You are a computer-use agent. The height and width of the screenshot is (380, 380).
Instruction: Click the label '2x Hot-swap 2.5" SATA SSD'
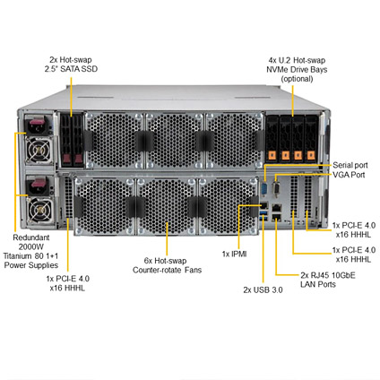[x=71, y=65]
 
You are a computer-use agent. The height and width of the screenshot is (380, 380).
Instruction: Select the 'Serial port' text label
[x=350, y=165]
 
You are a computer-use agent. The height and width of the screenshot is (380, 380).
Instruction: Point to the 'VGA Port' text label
[x=349, y=175]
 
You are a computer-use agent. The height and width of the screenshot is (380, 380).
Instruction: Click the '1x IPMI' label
[x=235, y=254]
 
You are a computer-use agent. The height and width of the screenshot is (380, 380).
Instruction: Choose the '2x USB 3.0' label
[x=263, y=289]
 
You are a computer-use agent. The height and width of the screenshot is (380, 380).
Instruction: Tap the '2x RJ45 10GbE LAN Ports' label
[x=328, y=280]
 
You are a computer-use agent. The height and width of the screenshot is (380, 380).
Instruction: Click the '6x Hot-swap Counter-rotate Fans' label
[x=167, y=265]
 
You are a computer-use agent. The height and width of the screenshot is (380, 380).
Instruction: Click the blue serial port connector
[x=264, y=189]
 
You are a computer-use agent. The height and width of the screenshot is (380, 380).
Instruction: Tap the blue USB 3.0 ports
[x=264, y=215]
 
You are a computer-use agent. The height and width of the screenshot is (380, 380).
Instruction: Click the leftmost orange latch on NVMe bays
[x=272, y=155]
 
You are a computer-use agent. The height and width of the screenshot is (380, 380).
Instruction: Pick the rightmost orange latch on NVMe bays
[x=311, y=155]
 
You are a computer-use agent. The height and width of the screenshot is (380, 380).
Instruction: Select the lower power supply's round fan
[x=39, y=211]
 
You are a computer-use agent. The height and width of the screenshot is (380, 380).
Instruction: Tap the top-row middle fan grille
[x=174, y=141]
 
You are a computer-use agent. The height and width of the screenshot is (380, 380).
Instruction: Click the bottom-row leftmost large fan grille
[x=104, y=206]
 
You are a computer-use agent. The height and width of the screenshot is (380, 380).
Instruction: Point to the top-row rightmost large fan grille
[x=234, y=141]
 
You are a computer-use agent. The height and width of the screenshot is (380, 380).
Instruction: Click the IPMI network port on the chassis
[x=264, y=205]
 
